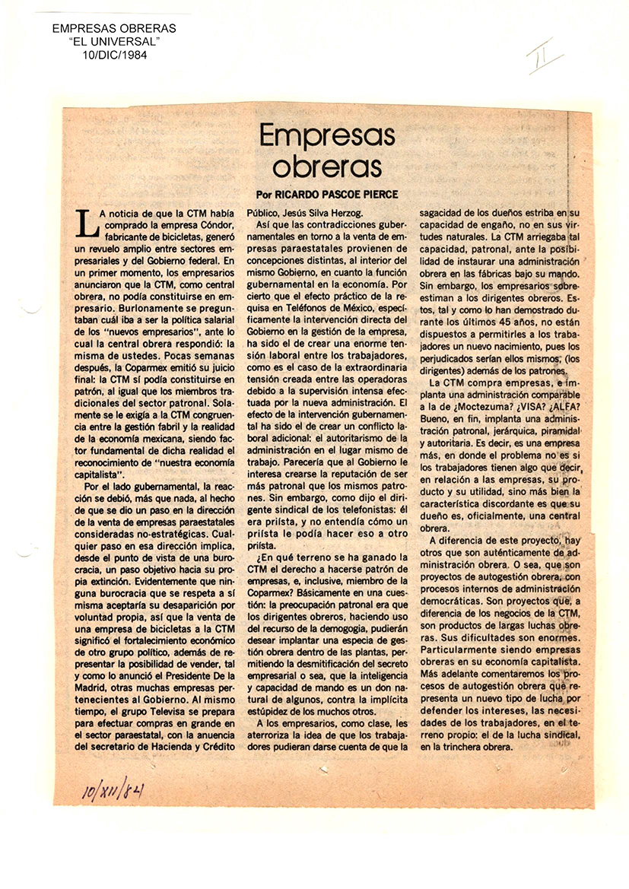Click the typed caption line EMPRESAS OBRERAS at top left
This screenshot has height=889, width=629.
tap(114, 28)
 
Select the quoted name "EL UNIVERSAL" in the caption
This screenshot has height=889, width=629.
tap(114, 42)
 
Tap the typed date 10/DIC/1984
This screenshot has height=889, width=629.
tap(114, 55)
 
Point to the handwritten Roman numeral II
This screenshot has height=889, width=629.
tap(545, 56)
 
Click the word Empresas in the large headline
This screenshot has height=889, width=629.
tap(327, 137)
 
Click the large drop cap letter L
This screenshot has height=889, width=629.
tap(90, 224)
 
